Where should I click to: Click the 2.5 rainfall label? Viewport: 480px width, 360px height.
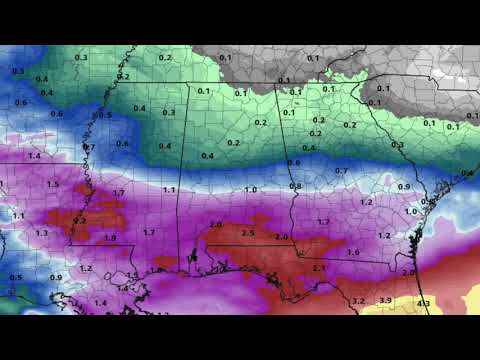248,233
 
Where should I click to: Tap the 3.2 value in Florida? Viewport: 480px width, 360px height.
358,300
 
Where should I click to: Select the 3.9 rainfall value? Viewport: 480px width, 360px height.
385,300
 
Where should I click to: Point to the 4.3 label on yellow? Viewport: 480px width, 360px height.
424,303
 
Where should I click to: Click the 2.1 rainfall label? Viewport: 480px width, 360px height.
319,268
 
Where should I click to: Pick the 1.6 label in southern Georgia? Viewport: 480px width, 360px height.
353,253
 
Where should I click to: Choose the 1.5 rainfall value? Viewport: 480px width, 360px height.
53,184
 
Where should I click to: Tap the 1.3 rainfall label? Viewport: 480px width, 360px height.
41,232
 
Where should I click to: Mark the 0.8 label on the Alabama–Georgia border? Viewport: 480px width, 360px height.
295,186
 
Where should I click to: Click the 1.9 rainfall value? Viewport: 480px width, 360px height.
110,238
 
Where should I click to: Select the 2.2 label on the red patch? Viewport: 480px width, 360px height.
80,220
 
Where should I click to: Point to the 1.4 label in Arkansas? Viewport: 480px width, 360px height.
34,156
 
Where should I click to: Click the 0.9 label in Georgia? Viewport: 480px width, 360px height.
404,187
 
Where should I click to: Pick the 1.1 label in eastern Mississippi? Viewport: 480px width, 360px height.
169,190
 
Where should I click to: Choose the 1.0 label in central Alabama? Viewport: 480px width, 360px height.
250,189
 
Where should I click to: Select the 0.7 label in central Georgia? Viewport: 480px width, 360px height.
341,171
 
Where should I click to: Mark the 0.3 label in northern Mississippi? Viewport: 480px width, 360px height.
169,112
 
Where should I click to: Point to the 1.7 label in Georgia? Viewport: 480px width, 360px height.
323,222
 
